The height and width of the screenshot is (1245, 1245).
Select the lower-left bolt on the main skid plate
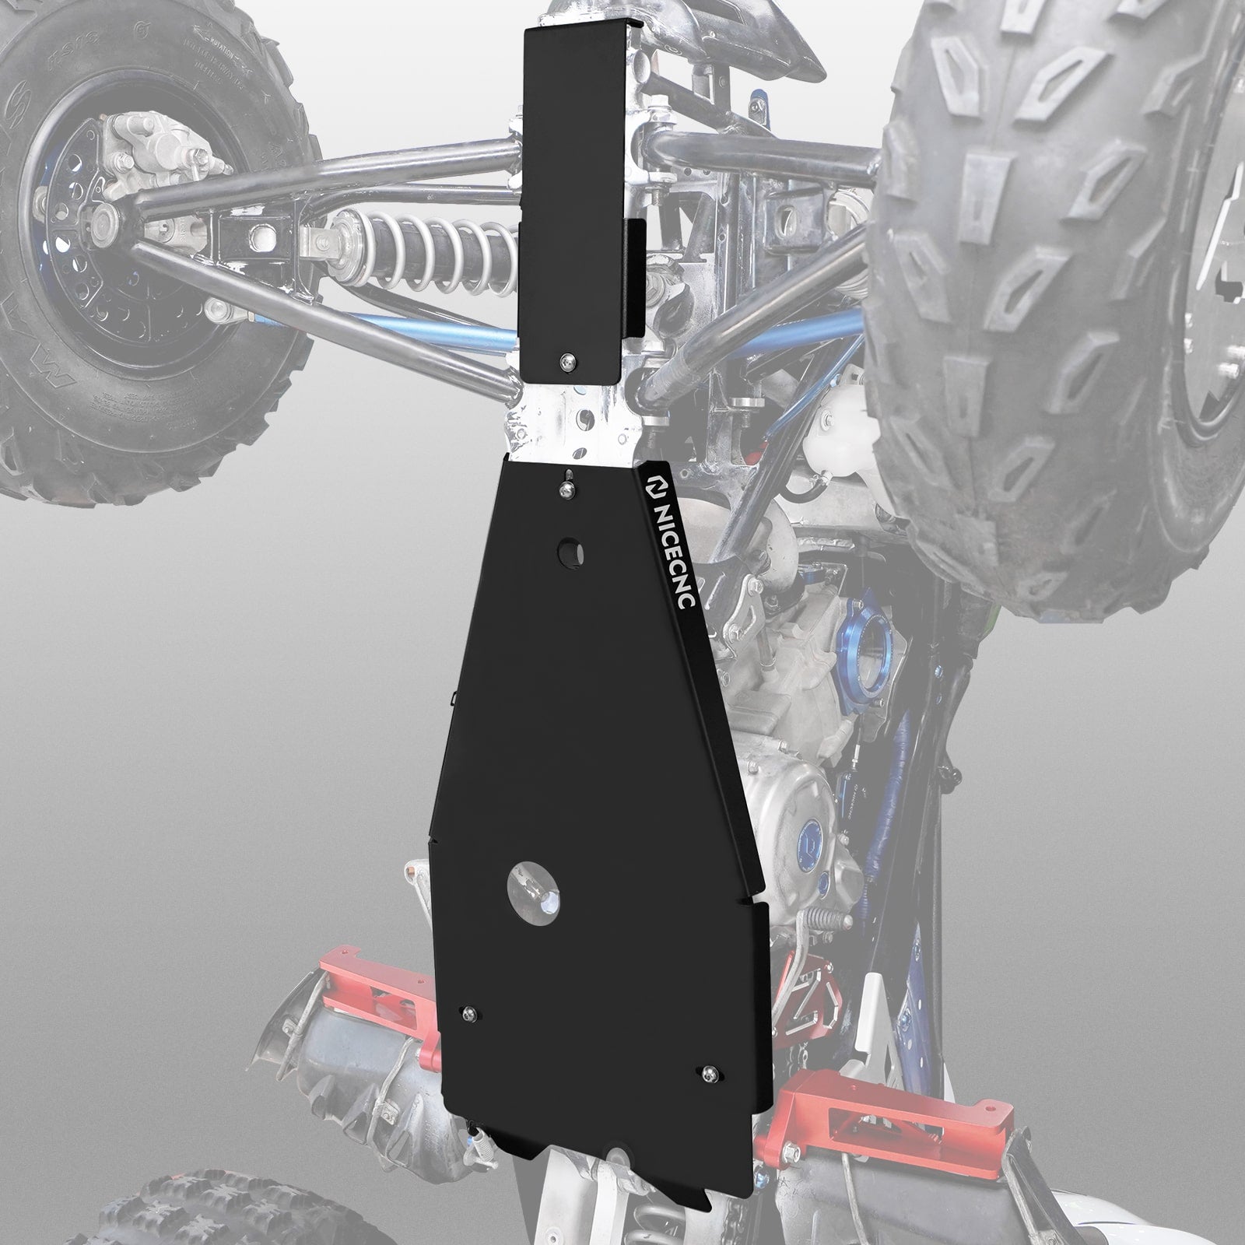pyautogui.click(x=468, y=1012)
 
